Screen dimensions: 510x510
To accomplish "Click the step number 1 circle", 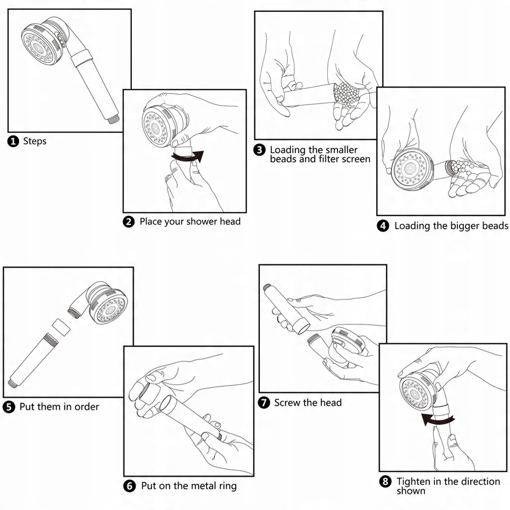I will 13,141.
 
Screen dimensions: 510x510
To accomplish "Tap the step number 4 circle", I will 383,226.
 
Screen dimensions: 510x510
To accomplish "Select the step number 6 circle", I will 129,486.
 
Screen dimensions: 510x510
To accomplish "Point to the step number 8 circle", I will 385,481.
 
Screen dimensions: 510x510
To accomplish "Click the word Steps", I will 35,141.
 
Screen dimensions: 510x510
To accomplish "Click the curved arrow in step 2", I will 187,157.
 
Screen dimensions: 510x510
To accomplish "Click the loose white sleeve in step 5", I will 61,327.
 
